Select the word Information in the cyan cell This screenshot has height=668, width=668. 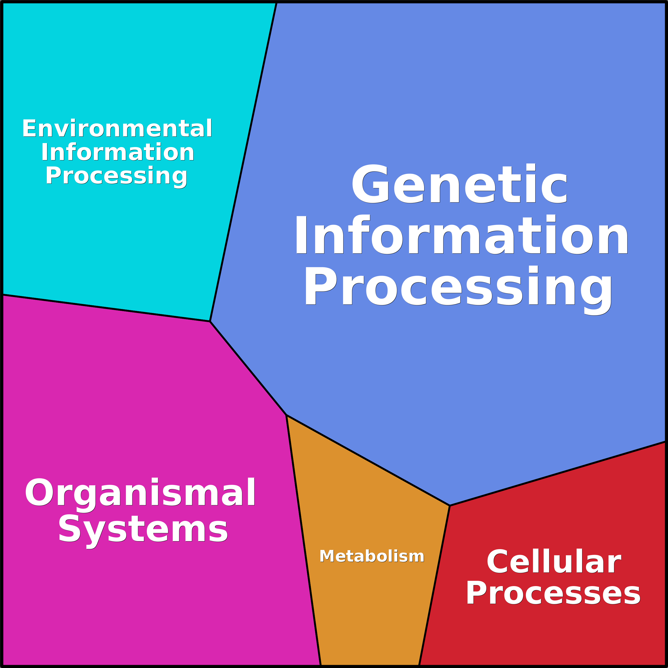pyautogui.click(x=118, y=152)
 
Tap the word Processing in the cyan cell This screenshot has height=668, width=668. pyautogui.click(x=116, y=176)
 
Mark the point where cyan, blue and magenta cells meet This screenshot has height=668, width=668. pyautogui.click(x=210, y=321)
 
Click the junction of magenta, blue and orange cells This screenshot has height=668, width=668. pyautogui.click(x=286, y=415)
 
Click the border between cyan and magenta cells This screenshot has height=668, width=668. pyautogui.click(x=106, y=308)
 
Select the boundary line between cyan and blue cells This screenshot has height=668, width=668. pyautogui.click(x=243, y=162)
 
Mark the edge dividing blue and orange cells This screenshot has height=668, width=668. pyautogui.click(x=368, y=460)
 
